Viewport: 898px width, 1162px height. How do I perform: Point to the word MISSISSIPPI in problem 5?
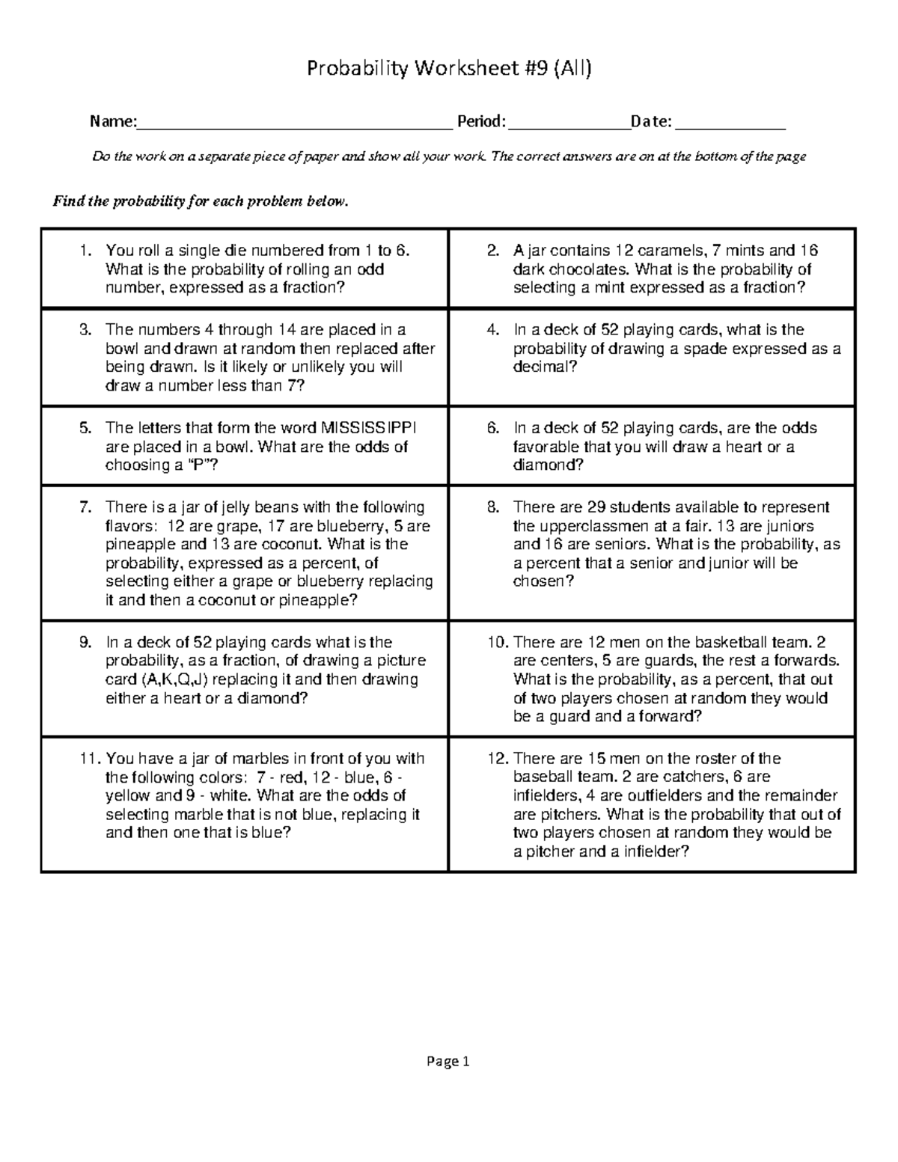(369, 428)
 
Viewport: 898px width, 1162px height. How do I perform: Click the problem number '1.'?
(85, 251)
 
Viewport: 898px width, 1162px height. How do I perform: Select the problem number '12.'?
(498, 759)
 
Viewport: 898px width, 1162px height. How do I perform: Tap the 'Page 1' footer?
(448, 1060)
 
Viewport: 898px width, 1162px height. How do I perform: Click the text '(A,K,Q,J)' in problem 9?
(176, 679)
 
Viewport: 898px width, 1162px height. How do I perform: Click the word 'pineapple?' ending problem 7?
(318, 600)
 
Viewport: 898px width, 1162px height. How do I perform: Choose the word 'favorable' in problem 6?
(546, 447)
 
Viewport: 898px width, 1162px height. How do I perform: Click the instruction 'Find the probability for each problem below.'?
(200, 202)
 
